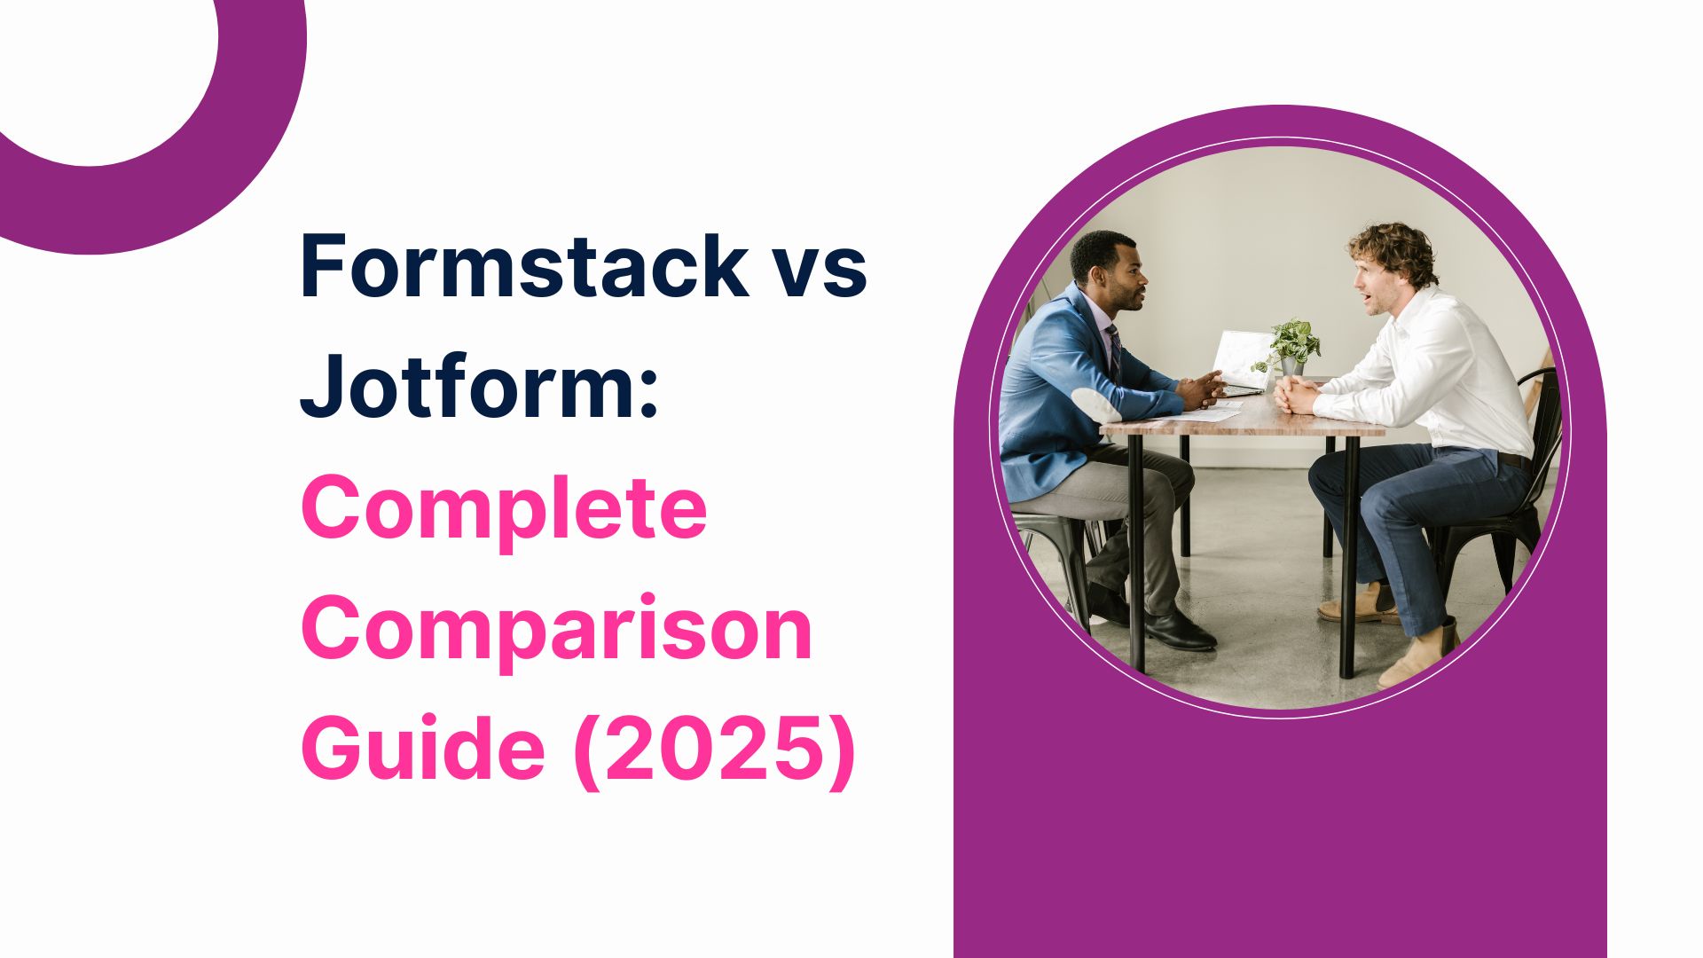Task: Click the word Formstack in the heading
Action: pos(524,264)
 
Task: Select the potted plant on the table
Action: pos(1291,346)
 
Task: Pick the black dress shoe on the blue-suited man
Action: pos(1180,632)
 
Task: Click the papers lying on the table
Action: pos(1212,412)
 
